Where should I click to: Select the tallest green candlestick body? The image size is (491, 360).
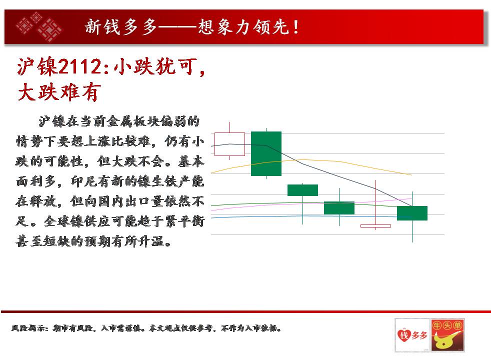(x=266, y=153)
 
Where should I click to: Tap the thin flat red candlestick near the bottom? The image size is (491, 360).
(x=375, y=225)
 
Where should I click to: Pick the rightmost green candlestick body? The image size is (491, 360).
(x=412, y=213)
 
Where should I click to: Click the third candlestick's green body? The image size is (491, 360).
(x=302, y=190)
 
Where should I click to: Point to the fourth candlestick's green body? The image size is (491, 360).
(x=339, y=208)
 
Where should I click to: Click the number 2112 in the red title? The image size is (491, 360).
(x=79, y=66)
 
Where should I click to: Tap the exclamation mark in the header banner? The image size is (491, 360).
(x=296, y=27)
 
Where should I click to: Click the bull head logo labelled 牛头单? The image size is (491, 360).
(x=447, y=335)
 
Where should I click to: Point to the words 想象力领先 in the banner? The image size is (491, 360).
(x=243, y=27)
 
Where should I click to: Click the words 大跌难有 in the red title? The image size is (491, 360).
(x=59, y=92)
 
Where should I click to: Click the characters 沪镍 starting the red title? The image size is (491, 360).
(x=37, y=66)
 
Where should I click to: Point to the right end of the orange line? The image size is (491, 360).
(x=412, y=175)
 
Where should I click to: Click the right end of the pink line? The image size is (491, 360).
(x=412, y=198)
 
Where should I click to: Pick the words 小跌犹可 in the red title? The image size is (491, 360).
(x=155, y=66)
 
